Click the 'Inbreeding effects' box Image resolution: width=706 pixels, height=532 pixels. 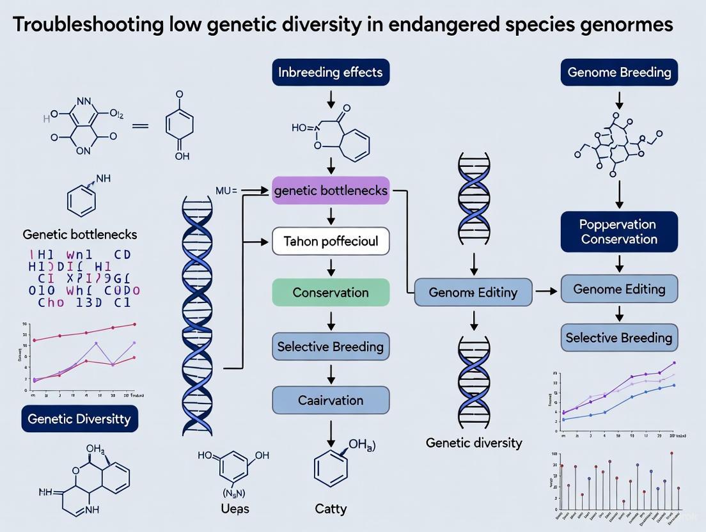[x=330, y=72]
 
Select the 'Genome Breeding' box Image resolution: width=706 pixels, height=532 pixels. [x=619, y=72]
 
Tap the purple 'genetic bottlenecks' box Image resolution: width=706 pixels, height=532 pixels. [x=331, y=191]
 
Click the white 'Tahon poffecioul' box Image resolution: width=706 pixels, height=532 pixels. [x=331, y=242]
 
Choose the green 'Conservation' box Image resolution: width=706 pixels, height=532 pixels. [x=331, y=292]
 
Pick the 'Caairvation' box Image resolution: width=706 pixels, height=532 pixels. [x=331, y=400]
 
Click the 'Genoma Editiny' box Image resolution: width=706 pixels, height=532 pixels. [x=473, y=292]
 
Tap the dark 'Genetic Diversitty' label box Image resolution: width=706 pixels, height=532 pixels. [x=79, y=419]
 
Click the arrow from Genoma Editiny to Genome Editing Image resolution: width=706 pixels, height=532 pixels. [x=546, y=291]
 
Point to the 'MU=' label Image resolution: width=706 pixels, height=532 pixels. [x=226, y=191]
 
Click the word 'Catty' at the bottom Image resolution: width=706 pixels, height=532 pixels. [x=331, y=509]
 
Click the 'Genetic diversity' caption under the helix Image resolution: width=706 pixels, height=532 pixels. [x=474, y=442]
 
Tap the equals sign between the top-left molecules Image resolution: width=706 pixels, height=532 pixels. [x=140, y=126]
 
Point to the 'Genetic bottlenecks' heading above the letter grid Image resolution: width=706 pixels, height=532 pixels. [x=79, y=234]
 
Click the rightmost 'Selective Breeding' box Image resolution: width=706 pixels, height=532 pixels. [x=619, y=337]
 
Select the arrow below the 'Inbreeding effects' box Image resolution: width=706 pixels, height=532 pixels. [x=331, y=99]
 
